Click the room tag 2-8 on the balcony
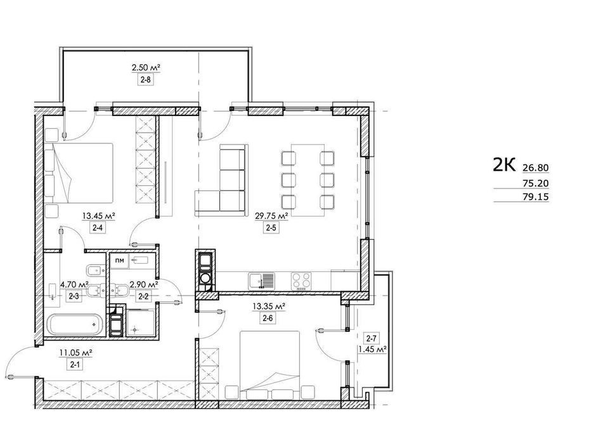tap(146, 80)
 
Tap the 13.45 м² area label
tap(99, 216)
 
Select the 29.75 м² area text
tap(271, 216)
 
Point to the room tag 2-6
tap(268, 318)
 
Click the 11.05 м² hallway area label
tap(75, 353)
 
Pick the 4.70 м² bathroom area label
tap(75, 284)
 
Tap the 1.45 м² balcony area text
tap(373, 349)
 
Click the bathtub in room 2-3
tap(75, 324)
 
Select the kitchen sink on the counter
tap(261, 282)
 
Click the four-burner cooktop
tap(301, 282)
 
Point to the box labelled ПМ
tap(119, 261)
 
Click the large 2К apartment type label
tap(504, 165)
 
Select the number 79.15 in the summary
tap(536, 197)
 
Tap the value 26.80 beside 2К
tap(536, 167)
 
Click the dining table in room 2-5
tap(308, 180)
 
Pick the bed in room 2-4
tap(79, 173)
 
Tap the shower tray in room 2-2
tap(141, 323)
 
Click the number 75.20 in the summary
tap(536, 183)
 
